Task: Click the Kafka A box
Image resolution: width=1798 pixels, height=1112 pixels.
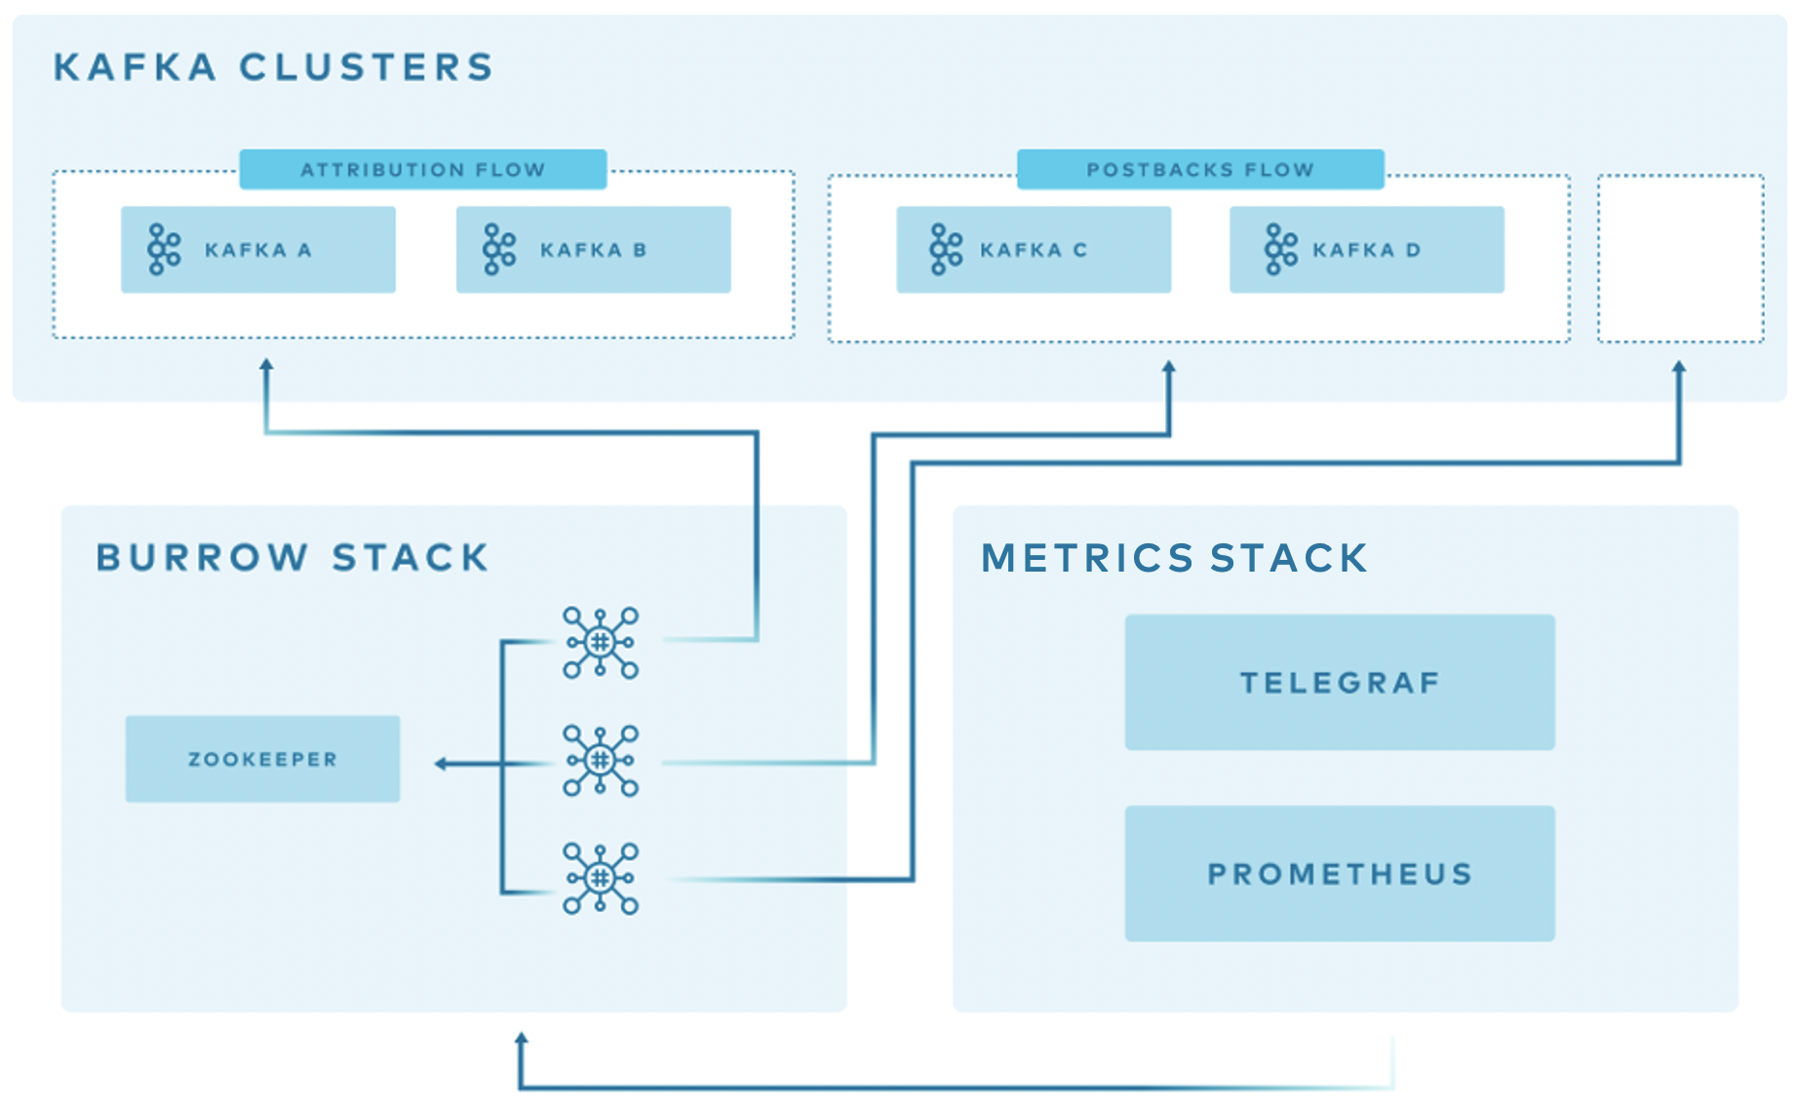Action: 258,250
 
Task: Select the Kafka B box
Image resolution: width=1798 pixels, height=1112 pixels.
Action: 593,250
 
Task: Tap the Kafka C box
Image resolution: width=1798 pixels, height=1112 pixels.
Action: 1034,250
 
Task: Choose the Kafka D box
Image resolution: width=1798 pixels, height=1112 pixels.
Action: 1366,250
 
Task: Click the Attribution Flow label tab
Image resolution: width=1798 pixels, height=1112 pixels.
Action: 422,170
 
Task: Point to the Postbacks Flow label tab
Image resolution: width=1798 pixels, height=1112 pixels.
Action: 1200,170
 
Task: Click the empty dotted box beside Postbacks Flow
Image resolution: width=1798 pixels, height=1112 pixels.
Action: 1680,259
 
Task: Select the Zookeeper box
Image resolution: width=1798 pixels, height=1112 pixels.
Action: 262,759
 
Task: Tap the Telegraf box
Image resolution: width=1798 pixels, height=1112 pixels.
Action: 1339,682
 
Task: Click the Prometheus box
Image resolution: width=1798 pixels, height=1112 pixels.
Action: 1339,873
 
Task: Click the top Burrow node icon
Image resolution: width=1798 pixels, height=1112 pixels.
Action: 601,642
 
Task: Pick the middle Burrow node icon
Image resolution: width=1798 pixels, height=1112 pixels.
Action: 601,760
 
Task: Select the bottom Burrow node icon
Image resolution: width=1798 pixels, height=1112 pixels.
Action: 601,878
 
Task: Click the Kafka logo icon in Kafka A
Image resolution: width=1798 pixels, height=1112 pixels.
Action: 164,250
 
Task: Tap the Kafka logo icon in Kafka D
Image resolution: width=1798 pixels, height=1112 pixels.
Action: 1280,250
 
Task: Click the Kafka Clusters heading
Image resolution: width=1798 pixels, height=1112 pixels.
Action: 273,67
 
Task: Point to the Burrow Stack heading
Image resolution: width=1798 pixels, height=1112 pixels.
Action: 293,558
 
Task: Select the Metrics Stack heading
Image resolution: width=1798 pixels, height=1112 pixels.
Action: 1174,558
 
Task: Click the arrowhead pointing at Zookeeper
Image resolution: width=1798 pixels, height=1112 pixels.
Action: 441,764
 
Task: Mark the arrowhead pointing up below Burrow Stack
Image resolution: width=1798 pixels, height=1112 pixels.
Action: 522,1040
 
